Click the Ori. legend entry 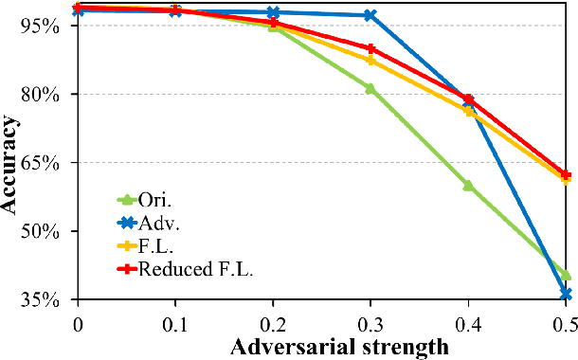(x=152, y=200)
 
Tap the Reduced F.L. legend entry (x=185, y=270)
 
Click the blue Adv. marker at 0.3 (x=370, y=15)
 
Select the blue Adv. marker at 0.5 (x=566, y=295)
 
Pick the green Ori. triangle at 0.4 (x=468, y=186)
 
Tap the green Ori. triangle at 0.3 (x=370, y=88)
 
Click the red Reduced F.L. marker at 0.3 (x=370, y=49)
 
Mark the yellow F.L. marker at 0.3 (x=370, y=61)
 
